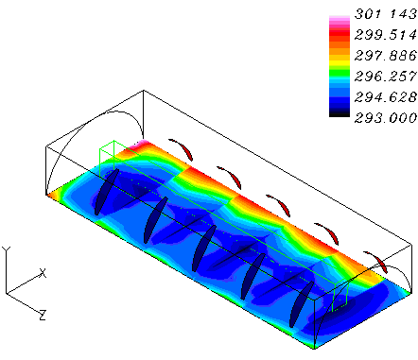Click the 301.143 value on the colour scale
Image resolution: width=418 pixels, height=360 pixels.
(x=386, y=14)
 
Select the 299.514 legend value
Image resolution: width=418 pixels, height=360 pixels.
(x=386, y=35)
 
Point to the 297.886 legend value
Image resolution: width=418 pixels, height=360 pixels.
(x=386, y=56)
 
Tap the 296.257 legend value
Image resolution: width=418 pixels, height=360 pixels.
(x=386, y=77)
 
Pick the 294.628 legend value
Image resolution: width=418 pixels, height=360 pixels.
(x=386, y=97)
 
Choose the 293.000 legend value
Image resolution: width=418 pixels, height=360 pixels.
(x=386, y=118)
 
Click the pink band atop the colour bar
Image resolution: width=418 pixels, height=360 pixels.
(x=340, y=21)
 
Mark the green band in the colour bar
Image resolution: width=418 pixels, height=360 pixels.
(x=340, y=73)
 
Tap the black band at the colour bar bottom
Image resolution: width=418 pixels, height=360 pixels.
(x=340, y=114)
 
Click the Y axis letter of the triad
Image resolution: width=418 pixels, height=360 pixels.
(x=6, y=250)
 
